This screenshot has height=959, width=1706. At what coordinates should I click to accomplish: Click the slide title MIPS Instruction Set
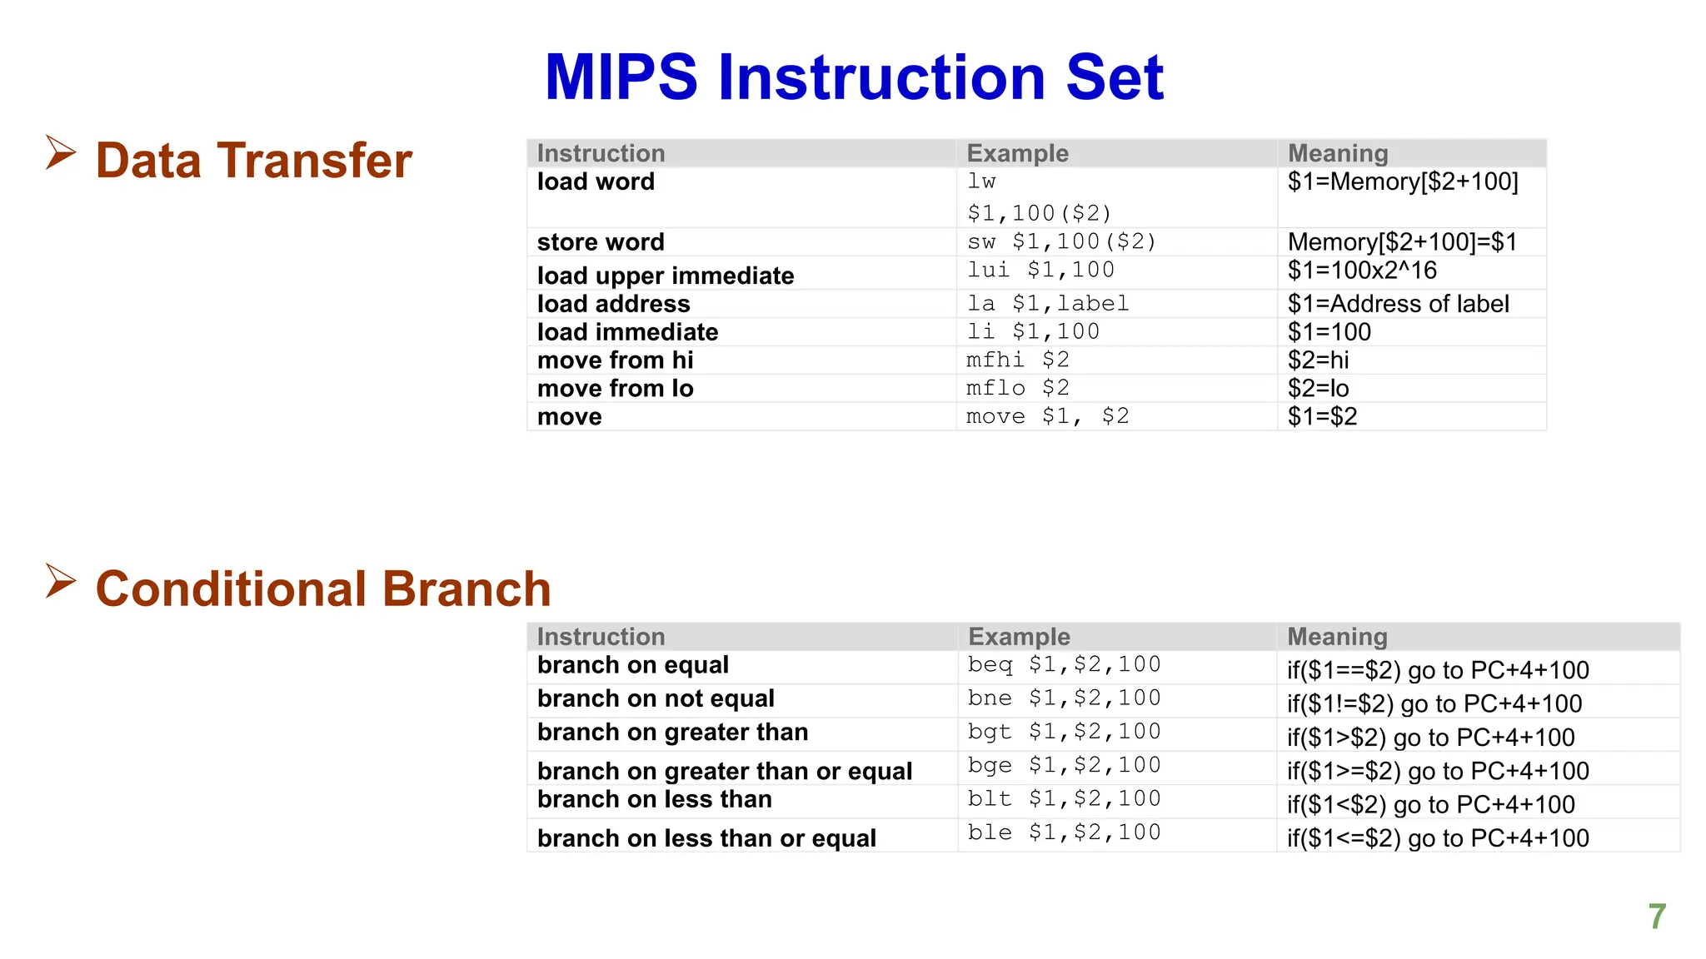click(x=854, y=77)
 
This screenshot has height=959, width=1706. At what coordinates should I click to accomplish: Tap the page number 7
click(x=1657, y=917)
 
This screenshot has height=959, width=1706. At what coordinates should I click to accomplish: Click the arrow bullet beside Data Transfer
click(x=61, y=153)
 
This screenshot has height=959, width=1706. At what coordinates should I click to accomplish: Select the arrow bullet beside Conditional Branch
click(x=61, y=581)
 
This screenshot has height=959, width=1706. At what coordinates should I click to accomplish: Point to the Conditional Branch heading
click(x=323, y=589)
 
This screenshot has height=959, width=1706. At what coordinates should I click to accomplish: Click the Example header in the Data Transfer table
click(x=1017, y=153)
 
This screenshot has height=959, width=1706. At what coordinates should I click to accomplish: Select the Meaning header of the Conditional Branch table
click(x=1337, y=637)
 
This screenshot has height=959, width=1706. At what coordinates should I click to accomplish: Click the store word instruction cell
click(x=601, y=242)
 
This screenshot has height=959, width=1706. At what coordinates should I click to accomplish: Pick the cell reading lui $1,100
click(x=1040, y=270)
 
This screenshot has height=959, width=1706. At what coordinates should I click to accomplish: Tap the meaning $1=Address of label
click(x=1398, y=304)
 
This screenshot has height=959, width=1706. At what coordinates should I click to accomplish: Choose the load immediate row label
click(x=627, y=332)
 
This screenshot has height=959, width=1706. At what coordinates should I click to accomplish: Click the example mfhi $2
click(x=1017, y=360)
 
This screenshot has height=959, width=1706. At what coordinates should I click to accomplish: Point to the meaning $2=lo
click(x=1318, y=388)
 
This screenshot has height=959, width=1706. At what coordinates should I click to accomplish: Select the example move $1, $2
click(x=1047, y=416)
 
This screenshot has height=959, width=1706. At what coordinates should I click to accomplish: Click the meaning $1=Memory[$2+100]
click(x=1403, y=181)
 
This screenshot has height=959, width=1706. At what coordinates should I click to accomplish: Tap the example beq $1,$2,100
click(x=1064, y=664)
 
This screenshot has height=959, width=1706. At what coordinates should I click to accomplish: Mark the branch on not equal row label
click(x=656, y=698)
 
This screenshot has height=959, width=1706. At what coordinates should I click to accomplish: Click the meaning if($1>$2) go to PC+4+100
click(x=1430, y=738)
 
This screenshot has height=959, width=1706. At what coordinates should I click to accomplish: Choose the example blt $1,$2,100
click(x=1064, y=799)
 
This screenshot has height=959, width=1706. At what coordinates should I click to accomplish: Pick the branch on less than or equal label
click(x=706, y=838)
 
